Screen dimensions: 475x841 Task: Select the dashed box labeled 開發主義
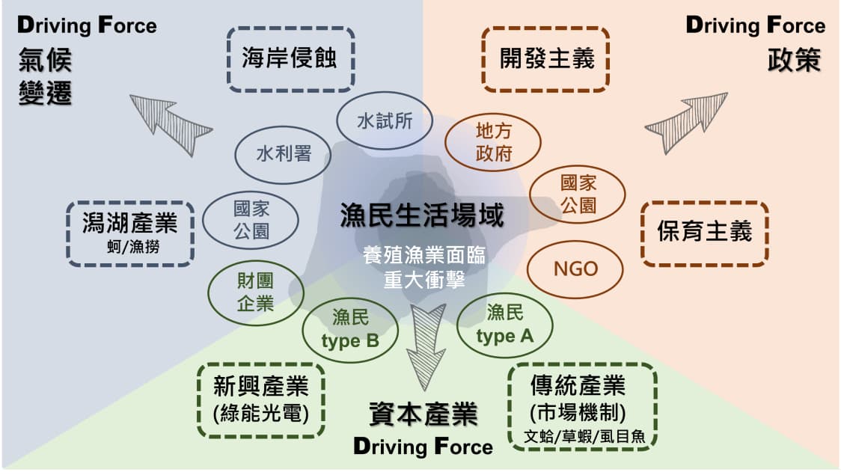[x=545, y=59]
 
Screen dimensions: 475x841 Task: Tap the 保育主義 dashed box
[x=704, y=233]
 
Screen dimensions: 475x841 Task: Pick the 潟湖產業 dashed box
[x=129, y=233]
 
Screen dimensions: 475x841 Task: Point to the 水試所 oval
[x=385, y=120]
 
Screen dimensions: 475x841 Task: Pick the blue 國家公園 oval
[x=251, y=219]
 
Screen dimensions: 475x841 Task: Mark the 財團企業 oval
[x=254, y=292]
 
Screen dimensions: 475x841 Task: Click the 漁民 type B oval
[x=350, y=330]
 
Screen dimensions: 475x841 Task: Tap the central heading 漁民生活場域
[x=421, y=216]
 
